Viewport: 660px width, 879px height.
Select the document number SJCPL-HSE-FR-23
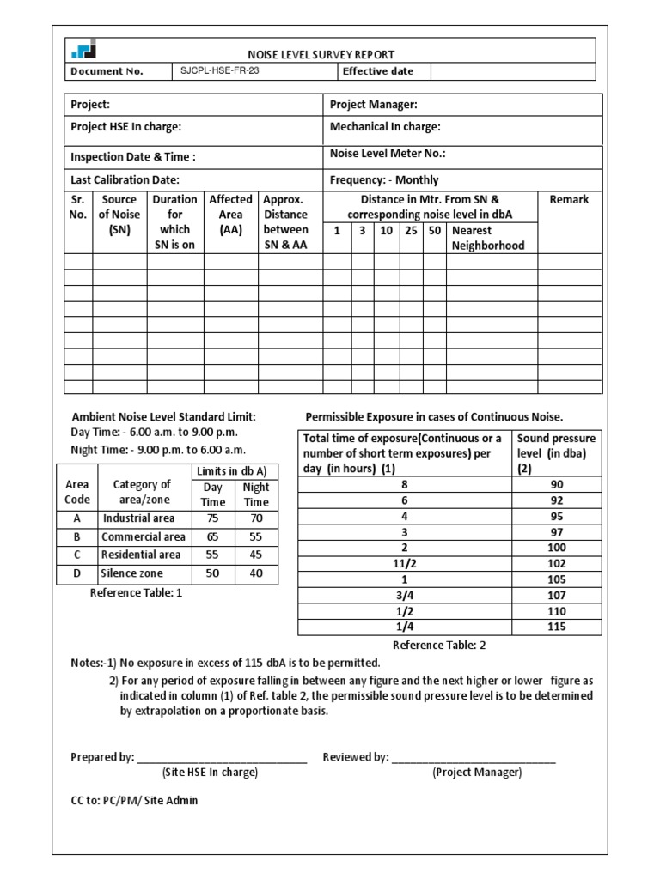[x=220, y=71]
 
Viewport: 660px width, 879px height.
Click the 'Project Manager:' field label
[x=373, y=105]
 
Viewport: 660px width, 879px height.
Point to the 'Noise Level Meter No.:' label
[x=388, y=154]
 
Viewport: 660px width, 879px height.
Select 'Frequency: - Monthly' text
[x=384, y=180]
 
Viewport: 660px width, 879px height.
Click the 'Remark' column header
[x=569, y=199]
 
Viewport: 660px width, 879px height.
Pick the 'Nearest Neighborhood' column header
[x=488, y=238]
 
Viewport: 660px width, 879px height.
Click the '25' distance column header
[x=412, y=230]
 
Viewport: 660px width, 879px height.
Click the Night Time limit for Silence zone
[x=256, y=573]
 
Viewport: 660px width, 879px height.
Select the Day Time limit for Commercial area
[x=212, y=536]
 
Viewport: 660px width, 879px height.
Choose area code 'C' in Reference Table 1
[x=77, y=555]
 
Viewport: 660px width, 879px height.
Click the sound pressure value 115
[x=557, y=627]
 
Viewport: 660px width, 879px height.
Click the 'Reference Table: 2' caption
[x=439, y=645]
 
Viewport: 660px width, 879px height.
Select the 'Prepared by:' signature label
[x=102, y=757]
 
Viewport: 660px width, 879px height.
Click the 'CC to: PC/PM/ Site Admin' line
[x=134, y=800]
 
